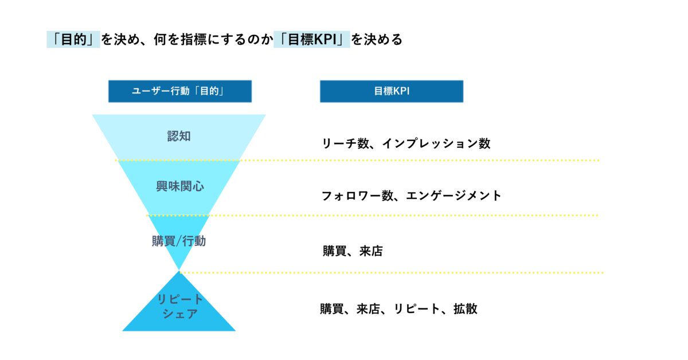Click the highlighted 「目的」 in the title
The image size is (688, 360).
pos(73,40)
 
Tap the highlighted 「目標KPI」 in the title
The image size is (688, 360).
pos(312,40)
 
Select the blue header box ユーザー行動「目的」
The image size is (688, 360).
pos(180,91)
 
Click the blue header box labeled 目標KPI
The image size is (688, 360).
pos(392,91)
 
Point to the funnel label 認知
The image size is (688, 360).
pos(179,136)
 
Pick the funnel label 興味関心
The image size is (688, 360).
pos(180,186)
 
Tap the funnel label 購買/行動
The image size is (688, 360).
pos(179,241)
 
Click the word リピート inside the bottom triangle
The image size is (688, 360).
pos(180,299)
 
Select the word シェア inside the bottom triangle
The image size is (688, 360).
pos(180,314)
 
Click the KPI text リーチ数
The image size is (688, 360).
pos(345,143)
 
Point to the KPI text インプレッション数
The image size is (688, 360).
pos(436,143)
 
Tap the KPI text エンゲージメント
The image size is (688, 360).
pos(454,195)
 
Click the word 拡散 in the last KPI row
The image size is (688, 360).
pos(466,309)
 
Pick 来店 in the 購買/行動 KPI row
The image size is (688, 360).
pos(371,251)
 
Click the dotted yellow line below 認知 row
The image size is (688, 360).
pos(357,161)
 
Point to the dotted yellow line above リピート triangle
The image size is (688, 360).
pos(392,272)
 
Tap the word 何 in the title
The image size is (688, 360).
pos(161,40)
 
